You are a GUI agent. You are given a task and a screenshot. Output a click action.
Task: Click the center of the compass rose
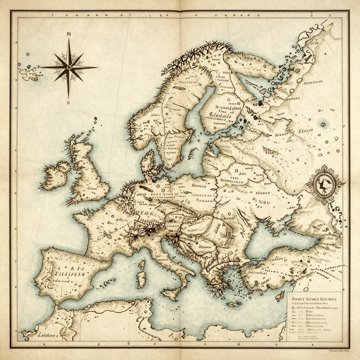[x=69, y=67]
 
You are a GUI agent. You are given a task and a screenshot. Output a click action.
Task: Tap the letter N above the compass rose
[x=69, y=34]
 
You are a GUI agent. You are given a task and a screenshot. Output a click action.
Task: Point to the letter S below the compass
[x=69, y=103]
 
